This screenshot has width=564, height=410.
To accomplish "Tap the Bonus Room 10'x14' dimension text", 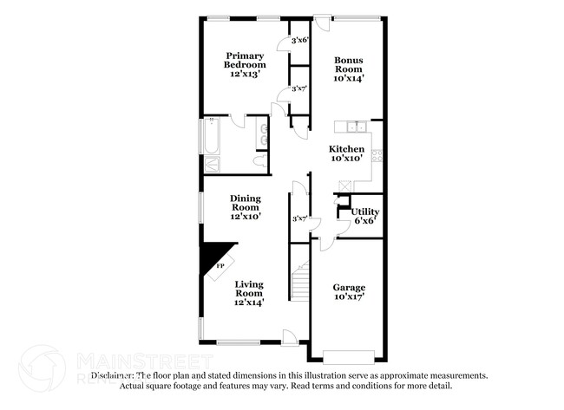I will tap(349, 78).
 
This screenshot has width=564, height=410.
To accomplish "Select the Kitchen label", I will tap(345, 149).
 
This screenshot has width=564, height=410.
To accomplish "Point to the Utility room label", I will tap(364, 212).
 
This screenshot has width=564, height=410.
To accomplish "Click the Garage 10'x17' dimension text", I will tap(349, 296).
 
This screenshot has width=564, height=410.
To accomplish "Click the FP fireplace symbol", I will tap(220, 264).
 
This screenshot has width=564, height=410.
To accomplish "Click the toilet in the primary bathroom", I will tap(260, 161).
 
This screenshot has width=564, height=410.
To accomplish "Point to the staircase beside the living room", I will tap(300, 279).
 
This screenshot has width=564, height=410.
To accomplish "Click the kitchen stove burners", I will tap(377, 156).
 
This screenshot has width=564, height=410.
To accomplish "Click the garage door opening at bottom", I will tap(349, 355).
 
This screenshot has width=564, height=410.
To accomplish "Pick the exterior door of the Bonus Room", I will tap(321, 23).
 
